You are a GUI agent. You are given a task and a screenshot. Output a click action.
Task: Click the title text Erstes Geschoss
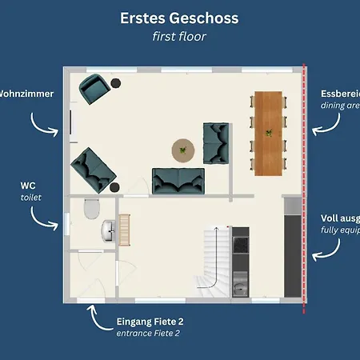point(179,17)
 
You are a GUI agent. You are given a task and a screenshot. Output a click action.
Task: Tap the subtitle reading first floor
point(179,37)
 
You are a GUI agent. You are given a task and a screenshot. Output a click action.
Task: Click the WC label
point(28,185)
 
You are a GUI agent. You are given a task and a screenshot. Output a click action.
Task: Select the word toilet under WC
point(30,197)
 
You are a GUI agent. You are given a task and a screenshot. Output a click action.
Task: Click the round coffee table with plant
point(184,149)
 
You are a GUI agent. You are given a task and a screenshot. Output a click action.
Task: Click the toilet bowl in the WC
point(92,210)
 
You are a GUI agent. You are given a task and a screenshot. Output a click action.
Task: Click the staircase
point(214,258)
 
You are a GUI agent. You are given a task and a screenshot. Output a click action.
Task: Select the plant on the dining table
point(270,133)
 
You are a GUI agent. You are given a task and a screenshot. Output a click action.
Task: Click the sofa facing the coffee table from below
point(178,181)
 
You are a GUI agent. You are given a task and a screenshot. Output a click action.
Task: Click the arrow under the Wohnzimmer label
point(42,121)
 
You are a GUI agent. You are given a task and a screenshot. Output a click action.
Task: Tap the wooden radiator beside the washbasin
point(124,229)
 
